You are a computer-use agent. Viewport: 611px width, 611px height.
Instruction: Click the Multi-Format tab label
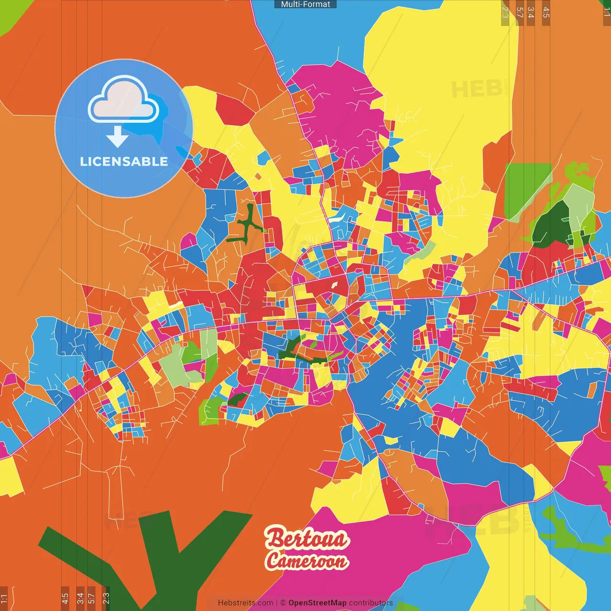(x=305, y=4)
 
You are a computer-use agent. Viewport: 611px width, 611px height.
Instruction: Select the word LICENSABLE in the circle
(x=124, y=161)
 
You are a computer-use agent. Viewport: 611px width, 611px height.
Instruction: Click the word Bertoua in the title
(x=307, y=539)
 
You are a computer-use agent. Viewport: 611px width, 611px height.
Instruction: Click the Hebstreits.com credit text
(x=245, y=603)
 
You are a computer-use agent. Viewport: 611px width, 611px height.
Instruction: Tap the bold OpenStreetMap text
(x=317, y=603)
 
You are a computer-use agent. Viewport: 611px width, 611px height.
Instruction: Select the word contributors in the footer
(x=371, y=603)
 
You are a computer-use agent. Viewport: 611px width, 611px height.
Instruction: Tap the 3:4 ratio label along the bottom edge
(x=80, y=598)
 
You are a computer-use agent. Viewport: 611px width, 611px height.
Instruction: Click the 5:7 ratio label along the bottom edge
(x=92, y=598)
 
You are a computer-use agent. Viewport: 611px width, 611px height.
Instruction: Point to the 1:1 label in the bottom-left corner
(x=4, y=598)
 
